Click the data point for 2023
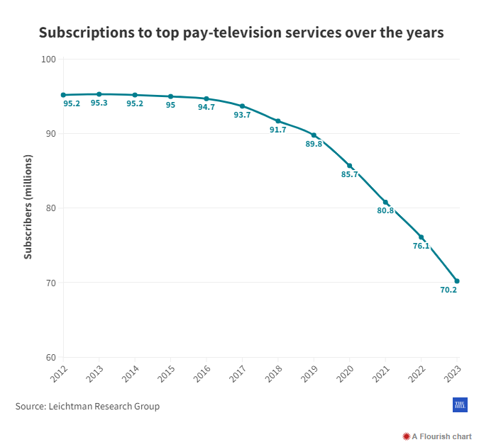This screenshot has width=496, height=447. pyautogui.click(x=457, y=281)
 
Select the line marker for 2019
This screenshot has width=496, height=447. pyautogui.click(x=314, y=135)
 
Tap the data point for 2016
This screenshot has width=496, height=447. pyautogui.click(x=206, y=98)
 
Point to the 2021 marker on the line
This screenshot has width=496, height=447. pyautogui.click(x=385, y=203)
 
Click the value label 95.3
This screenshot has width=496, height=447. pyautogui.click(x=99, y=103)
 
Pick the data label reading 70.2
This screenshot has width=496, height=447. pyautogui.click(x=448, y=290)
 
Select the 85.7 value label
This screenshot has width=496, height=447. pyautogui.click(x=349, y=174)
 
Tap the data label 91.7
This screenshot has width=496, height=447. pyautogui.click(x=277, y=130)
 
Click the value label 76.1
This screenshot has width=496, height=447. pyautogui.click(x=421, y=246)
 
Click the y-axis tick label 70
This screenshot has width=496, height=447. pyautogui.click(x=50, y=283)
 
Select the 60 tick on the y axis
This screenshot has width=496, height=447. pyautogui.click(x=50, y=357)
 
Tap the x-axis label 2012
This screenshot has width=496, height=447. pyautogui.click(x=59, y=373)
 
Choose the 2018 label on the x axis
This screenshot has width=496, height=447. pyautogui.click(x=273, y=373)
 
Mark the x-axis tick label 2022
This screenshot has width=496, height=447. pyautogui.click(x=416, y=373)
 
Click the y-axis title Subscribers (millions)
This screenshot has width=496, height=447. pyautogui.click(x=28, y=208)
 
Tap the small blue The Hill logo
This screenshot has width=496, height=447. pyautogui.click(x=459, y=404)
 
